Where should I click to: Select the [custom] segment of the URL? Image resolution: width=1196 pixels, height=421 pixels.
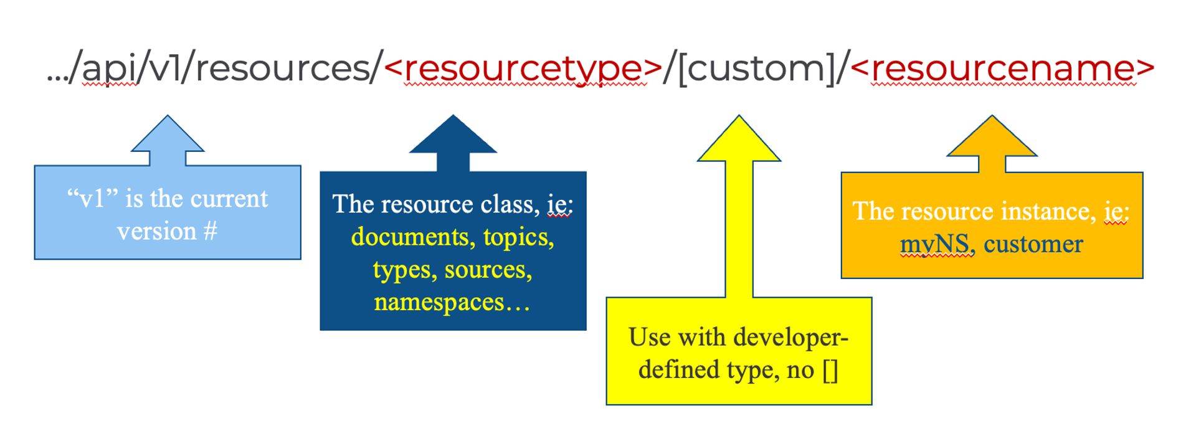pos(756,69)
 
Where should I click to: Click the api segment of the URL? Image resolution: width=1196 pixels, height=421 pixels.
pos(110,69)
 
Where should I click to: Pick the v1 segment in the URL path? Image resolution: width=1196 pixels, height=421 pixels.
pos(167,69)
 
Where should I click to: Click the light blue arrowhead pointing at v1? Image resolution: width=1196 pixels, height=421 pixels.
pos(168,133)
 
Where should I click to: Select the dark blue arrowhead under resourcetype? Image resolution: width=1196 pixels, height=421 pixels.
pos(453,134)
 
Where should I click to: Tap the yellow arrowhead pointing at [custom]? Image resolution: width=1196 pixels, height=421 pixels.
pos(739,138)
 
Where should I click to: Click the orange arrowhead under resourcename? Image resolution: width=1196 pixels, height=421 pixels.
pos(992,135)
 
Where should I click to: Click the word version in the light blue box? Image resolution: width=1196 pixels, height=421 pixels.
pos(157,232)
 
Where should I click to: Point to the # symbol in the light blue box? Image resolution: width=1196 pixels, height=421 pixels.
pos(210,232)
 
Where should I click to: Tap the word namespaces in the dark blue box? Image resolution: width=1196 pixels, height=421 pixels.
pos(439,303)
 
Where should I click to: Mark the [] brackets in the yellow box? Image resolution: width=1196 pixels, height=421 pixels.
pos(830,371)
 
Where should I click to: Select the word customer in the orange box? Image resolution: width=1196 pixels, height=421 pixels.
pos(1033,245)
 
